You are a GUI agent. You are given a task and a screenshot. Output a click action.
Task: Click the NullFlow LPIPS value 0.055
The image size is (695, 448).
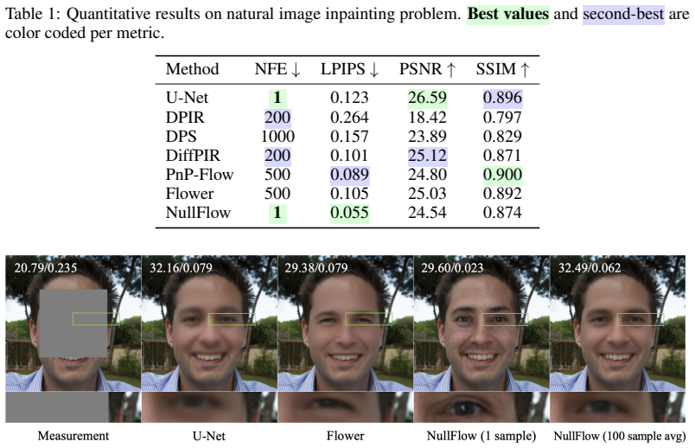point(350,213)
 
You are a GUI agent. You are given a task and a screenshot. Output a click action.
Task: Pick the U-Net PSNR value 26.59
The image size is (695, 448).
point(427,98)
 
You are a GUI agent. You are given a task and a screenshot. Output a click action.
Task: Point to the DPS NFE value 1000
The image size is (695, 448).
point(277,137)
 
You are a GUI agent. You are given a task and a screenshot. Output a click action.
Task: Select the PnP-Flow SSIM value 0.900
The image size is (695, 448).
point(502,175)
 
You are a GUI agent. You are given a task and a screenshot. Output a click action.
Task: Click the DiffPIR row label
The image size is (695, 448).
point(193,156)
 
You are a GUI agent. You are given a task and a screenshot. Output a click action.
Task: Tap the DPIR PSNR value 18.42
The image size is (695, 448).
point(427,118)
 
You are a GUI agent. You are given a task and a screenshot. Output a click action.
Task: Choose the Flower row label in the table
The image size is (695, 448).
point(189,194)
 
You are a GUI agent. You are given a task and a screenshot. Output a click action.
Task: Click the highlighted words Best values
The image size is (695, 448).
point(508,14)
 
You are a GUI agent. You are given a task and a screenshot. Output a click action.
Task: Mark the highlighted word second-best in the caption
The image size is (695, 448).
point(623,14)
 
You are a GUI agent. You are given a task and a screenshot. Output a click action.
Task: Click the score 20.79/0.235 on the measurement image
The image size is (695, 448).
point(46,268)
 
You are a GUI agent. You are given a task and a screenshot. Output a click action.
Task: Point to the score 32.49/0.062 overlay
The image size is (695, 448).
point(590,268)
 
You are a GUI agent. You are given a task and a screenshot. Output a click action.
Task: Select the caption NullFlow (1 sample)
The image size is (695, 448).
point(481,436)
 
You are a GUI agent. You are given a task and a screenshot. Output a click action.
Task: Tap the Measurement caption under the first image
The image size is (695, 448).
point(73,436)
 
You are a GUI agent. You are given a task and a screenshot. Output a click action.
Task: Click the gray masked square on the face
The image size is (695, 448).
point(73,323)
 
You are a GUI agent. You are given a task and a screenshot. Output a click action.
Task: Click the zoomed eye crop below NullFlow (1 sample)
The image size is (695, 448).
point(481,407)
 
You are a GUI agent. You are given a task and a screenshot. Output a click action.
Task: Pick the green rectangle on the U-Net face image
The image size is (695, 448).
point(232,314)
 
